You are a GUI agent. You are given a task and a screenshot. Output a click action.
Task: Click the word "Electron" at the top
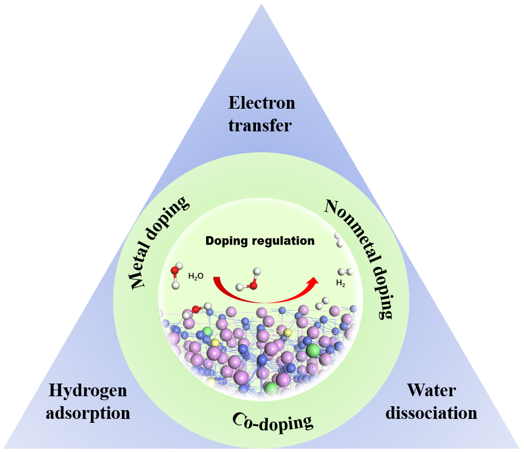(261, 103)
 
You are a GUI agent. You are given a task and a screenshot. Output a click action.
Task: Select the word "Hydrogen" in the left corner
(88, 391)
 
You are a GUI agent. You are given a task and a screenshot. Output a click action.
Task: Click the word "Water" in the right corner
(431, 390)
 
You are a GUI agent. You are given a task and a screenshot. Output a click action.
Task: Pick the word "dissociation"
(431, 413)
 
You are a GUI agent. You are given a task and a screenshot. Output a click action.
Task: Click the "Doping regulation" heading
(260, 241)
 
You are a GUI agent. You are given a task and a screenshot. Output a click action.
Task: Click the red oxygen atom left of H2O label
(174, 270)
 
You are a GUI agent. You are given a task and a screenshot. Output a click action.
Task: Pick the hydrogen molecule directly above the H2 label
(345, 272)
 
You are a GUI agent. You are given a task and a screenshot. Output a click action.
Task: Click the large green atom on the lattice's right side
(313, 350)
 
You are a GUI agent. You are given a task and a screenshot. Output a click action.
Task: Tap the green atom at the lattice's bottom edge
(271, 388)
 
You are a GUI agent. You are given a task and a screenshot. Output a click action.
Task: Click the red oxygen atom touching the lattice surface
(195, 309)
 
